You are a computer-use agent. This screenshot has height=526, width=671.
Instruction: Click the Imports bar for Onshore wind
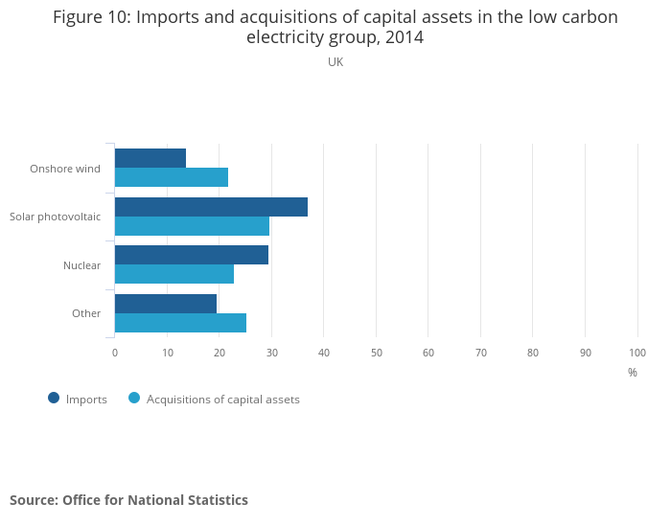(150, 158)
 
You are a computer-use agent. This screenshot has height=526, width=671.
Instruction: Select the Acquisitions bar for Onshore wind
(171, 177)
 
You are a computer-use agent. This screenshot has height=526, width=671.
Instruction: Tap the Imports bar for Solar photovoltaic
(211, 207)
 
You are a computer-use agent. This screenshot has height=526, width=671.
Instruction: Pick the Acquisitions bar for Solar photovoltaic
(192, 226)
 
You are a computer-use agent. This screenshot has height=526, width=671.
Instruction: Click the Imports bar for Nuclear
(191, 255)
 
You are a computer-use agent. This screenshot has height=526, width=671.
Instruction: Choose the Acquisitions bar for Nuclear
(174, 274)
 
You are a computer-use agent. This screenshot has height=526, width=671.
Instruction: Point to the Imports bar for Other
(165, 304)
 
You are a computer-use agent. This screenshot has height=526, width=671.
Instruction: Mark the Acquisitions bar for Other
(180, 323)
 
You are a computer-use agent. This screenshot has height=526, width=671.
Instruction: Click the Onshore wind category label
(65, 169)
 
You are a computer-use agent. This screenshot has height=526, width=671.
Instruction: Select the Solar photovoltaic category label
(55, 217)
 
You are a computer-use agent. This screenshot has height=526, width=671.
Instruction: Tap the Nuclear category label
(81, 265)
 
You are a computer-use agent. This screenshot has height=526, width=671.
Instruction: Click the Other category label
(86, 313)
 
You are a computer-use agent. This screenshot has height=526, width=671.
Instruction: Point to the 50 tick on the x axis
(377, 353)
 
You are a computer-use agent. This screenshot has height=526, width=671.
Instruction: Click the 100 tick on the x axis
(637, 353)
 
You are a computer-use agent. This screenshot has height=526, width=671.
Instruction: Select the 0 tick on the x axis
(115, 353)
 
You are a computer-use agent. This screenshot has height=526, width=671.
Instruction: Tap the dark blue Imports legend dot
(54, 399)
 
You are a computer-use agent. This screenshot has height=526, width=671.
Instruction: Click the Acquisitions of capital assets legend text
(222, 400)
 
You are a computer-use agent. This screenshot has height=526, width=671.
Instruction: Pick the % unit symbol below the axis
(633, 373)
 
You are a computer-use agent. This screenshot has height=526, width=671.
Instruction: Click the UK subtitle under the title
(335, 62)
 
